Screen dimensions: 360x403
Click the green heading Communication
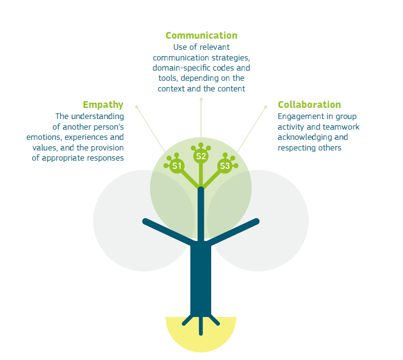tap(201, 35)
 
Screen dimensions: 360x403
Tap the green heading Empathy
tap(103, 105)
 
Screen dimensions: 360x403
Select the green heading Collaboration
tap(309, 105)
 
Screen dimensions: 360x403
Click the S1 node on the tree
tap(177, 166)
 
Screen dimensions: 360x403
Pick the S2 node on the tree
tap(201, 156)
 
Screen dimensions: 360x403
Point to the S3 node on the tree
tap(225, 166)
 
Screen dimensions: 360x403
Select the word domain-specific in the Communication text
tap(179, 68)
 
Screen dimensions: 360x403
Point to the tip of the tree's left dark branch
tap(145, 221)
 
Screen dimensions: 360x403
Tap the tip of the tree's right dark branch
tap(257, 221)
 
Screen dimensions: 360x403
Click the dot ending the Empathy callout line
tap(137, 106)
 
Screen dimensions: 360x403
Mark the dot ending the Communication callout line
tap(201, 99)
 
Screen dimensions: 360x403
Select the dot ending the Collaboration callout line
tap(266, 106)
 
